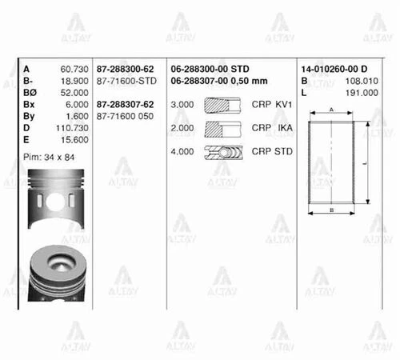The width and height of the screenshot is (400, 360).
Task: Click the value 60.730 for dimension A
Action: point(73,69)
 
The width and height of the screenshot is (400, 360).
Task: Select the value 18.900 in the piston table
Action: point(73,81)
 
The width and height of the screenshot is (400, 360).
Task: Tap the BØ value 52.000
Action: point(73,93)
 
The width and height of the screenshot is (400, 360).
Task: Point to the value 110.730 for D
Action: point(71,128)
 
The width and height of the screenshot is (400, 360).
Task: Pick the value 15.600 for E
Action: point(73,140)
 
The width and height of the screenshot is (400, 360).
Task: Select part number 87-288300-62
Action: point(126,69)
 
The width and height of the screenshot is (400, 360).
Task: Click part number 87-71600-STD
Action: point(126,81)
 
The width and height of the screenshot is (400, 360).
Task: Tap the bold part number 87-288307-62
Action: point(126,105)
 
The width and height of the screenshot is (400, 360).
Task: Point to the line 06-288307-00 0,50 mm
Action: point(220,81)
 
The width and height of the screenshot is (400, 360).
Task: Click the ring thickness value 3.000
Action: point(183,105)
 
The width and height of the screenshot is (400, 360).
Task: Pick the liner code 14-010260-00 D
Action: point(334,69)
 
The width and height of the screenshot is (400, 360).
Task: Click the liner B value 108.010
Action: point(362,81)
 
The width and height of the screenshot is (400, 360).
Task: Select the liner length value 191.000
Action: point(362,93)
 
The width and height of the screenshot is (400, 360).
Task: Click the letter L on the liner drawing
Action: point(365,162)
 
